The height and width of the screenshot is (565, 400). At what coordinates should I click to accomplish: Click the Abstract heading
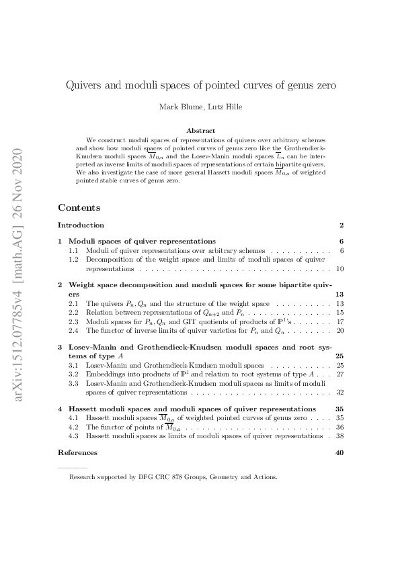[200, 130]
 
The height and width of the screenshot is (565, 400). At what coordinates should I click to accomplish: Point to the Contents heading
[79, 208]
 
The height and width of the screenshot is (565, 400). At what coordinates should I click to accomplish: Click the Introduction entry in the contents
[81, 225]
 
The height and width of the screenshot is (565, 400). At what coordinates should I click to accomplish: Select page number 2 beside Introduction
[342, 225]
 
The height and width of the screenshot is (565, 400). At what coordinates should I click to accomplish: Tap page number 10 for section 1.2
[340, 268]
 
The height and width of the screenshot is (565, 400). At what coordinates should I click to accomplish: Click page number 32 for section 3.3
[340, 392]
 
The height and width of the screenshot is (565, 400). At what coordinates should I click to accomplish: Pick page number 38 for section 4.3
[340, 435]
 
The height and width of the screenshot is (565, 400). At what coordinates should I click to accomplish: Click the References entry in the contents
[77, 453]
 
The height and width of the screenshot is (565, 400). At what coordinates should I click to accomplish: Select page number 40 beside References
[339, 453]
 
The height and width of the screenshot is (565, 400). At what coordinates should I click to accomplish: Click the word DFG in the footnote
[139, 478]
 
